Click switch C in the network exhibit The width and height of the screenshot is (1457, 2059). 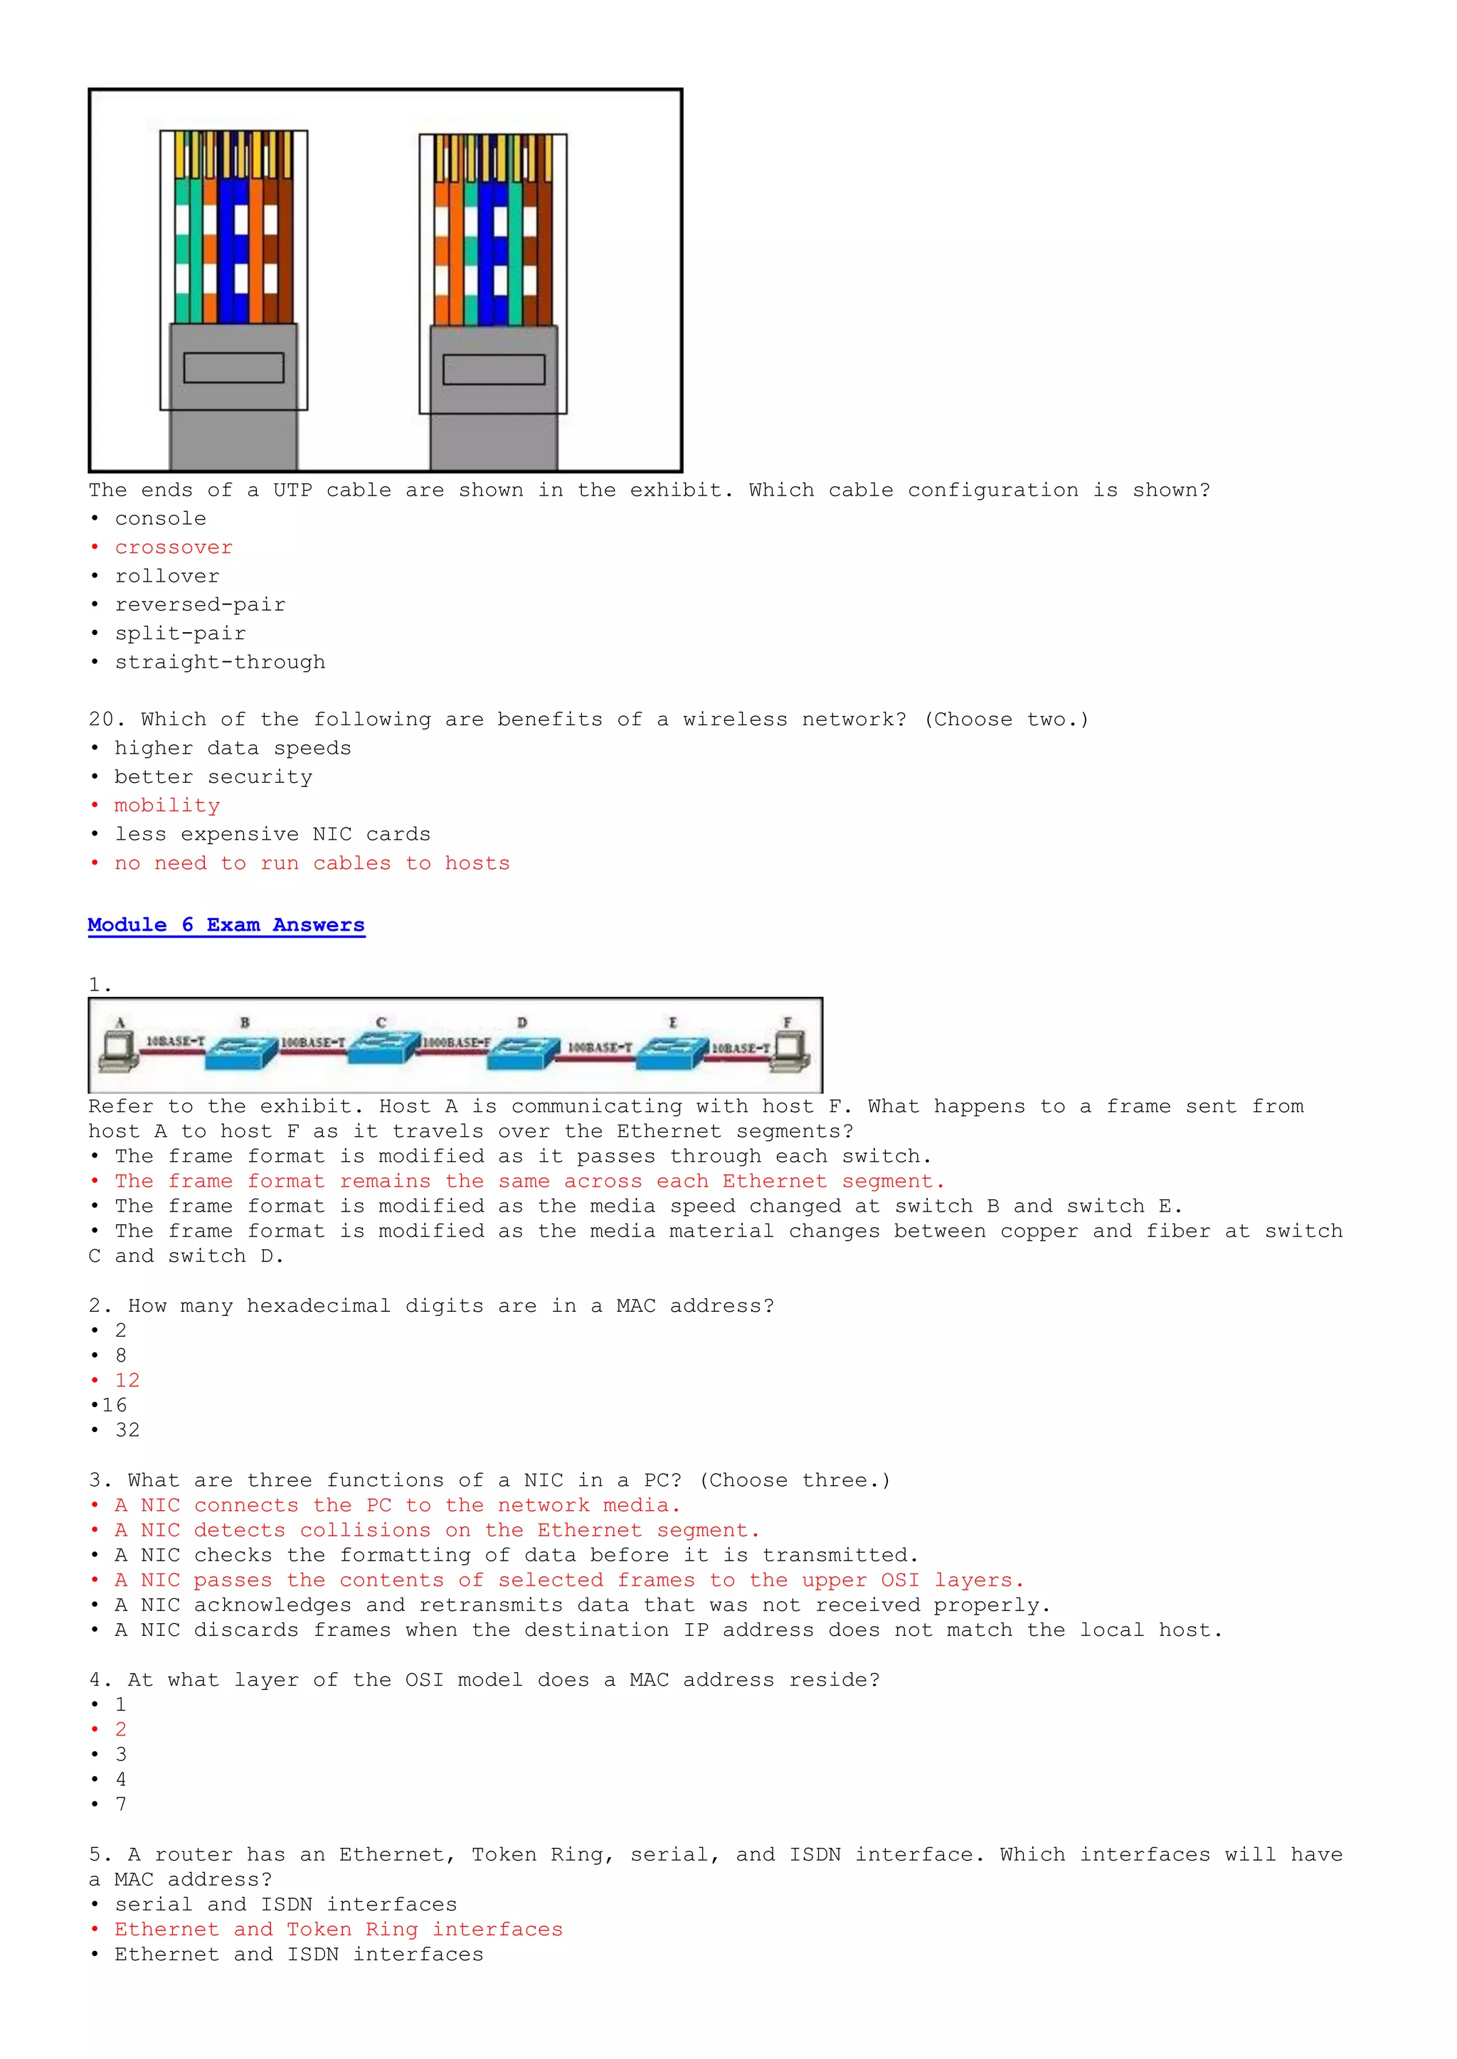[384, 1047]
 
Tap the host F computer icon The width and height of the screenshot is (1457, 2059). [791, 1051]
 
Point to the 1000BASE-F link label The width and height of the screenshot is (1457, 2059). [457, 1042]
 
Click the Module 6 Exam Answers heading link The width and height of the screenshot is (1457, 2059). [226, 924]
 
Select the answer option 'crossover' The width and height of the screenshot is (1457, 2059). [173, 547]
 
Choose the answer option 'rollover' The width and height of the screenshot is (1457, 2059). [167, 576]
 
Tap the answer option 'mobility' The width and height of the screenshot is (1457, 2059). [167, 806]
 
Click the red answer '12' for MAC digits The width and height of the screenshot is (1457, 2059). [127, 1380]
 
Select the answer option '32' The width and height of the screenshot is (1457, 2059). [127, 1430]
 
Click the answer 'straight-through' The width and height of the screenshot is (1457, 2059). [220, 662]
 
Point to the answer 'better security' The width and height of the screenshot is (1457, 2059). [213, 776]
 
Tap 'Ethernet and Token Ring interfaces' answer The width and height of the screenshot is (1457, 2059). [338, 1929]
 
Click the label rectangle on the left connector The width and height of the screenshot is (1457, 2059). [233, 368]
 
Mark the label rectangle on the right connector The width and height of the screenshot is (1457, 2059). [494, 370]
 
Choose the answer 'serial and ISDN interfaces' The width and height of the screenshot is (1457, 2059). [285, 1904]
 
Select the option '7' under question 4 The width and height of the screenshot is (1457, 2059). [121, 1804]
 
